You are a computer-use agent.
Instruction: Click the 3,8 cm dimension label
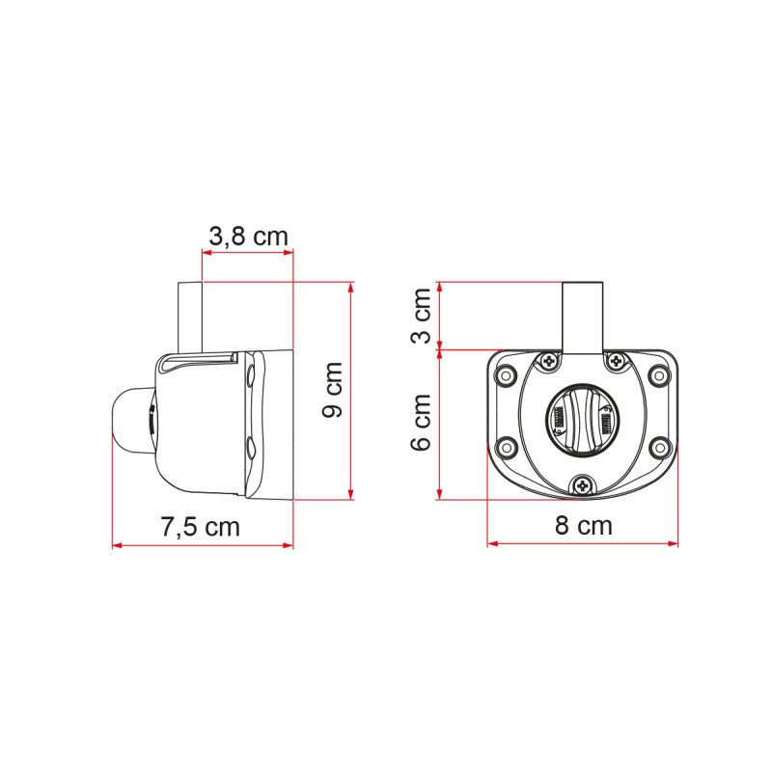click(248, 234)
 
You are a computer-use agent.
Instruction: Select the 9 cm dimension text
click(333, 390)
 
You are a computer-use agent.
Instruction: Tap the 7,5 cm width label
click(200, 527)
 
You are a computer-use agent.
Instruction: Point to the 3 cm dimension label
click(422, 316)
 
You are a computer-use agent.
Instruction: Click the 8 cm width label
click(582, 526)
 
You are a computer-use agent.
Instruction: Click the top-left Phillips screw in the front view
click(549, 361)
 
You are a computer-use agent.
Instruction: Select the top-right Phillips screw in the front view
click(615, 361)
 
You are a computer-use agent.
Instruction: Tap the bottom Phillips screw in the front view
click(582, 486)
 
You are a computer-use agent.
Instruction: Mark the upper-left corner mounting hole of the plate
click(504, 375)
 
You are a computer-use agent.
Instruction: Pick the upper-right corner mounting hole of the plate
click(660, 375)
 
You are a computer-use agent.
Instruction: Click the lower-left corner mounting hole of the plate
click(504, 446)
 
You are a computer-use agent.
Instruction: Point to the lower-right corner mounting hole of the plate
click(660, 446)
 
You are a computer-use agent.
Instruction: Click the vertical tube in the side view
click(190, 316)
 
